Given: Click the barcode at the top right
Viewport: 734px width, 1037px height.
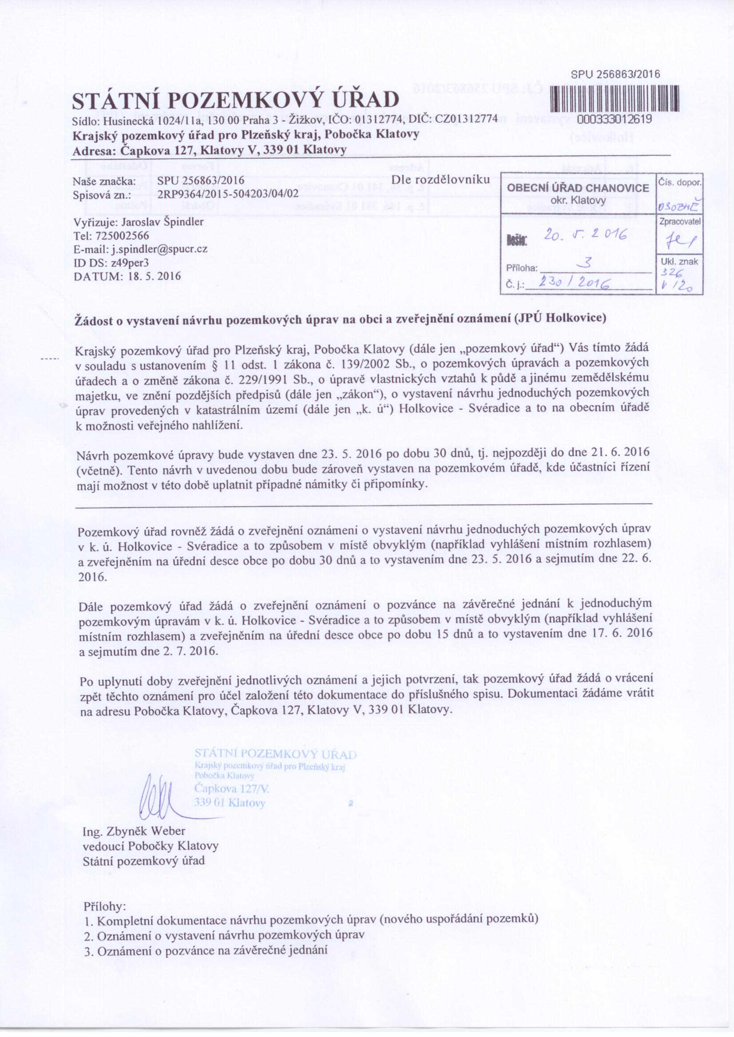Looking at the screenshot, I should pyautogui.click(x=615, y=98).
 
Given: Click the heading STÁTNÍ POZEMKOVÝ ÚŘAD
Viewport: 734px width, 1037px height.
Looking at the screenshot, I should pyautogui.click(x=236, y=100).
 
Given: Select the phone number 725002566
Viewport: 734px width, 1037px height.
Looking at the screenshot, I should pyautogui.click(x=126, y=235).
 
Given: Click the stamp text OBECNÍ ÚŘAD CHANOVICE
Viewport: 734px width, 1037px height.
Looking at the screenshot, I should pyautogui.click(x=578, y=188).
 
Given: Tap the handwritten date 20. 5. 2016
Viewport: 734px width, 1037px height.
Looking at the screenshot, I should pyautogui.click(x=585, y=234).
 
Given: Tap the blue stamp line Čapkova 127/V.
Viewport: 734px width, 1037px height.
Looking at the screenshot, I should pyautogui.click(x=231, y=789).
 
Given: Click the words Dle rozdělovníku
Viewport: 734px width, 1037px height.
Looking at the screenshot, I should pyautogui.click(x=440, y=179).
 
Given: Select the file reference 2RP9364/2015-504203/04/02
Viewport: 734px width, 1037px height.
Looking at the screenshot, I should pyautogui.click(x=228, y=194).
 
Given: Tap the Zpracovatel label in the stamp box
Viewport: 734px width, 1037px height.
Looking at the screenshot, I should pyautogui.click(x=680, y=222).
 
